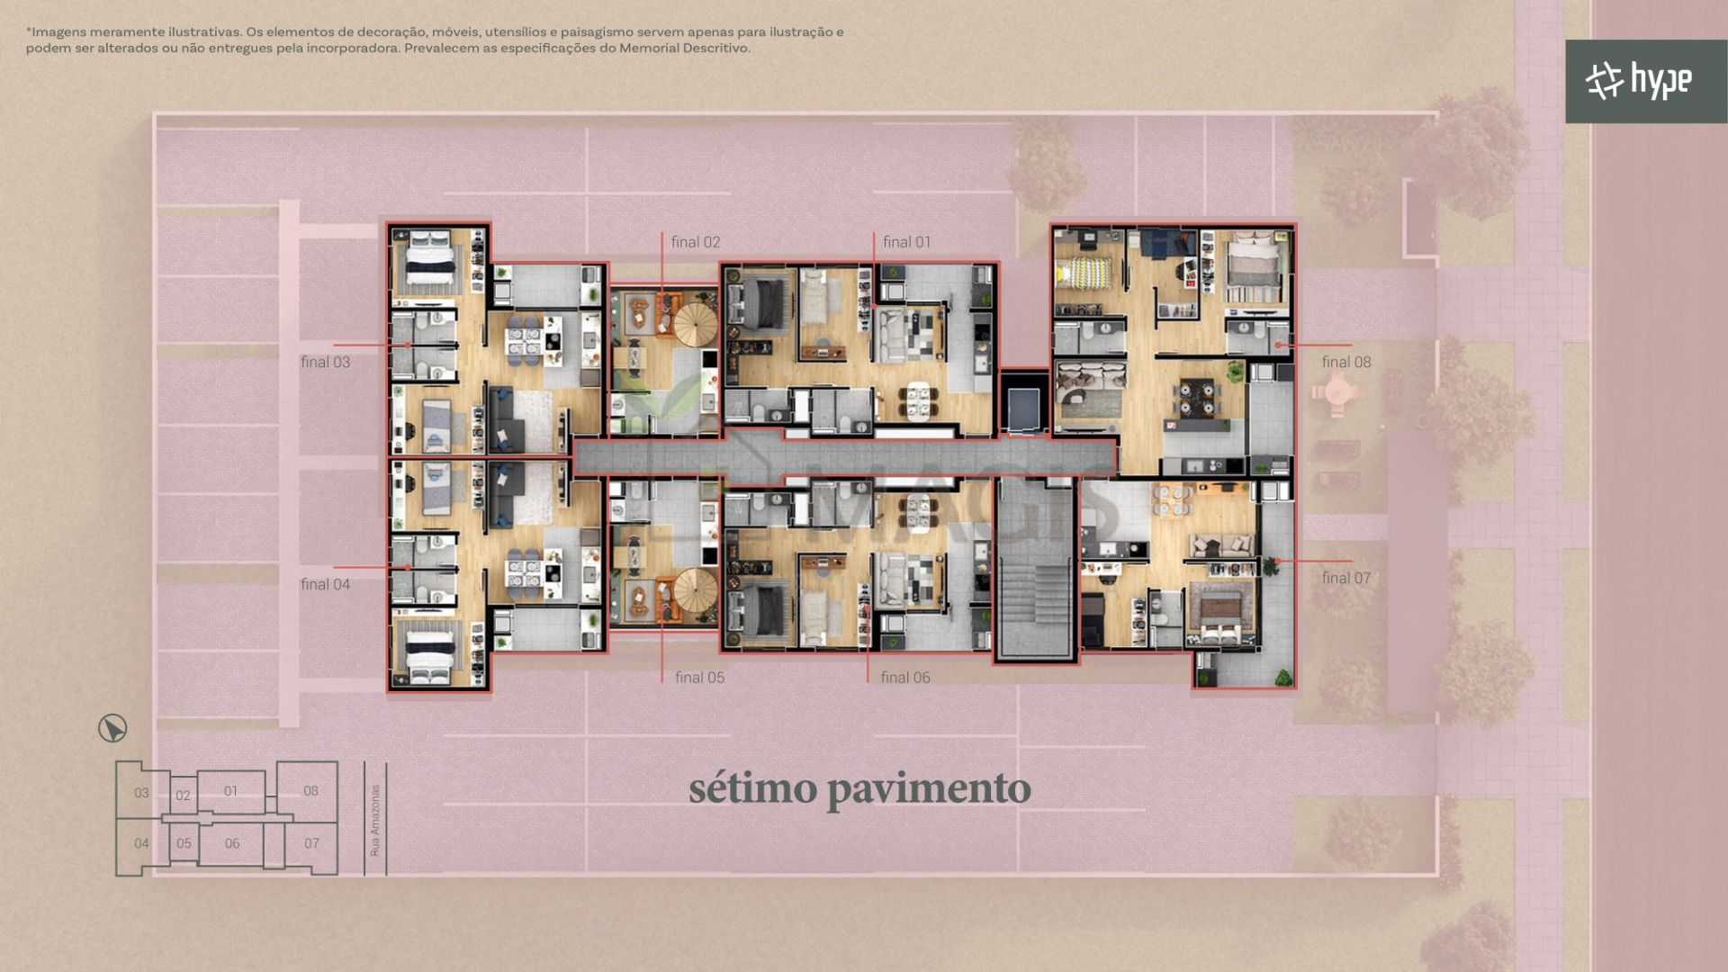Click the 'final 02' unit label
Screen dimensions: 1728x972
pos(695,242)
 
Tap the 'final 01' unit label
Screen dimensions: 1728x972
pos(906,242)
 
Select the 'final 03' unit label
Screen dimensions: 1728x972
pos(325,362)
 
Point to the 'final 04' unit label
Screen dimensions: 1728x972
pos(325,584)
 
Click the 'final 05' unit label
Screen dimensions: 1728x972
pos(699,678)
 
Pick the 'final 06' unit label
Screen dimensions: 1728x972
pos(905,678)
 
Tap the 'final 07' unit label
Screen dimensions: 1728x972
pos(1346,578)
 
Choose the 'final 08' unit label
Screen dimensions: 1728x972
pos(1346,362)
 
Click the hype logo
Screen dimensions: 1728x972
pos(1638,81)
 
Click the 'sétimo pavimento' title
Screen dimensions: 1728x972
pos(859,788)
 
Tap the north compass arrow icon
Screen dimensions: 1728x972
pos(112,728)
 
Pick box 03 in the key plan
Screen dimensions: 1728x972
pos(141,792)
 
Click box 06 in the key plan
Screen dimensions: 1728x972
pos(231,843)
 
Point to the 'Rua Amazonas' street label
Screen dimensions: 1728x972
pos(375,820)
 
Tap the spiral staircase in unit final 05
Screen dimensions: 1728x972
pos(695,592)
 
